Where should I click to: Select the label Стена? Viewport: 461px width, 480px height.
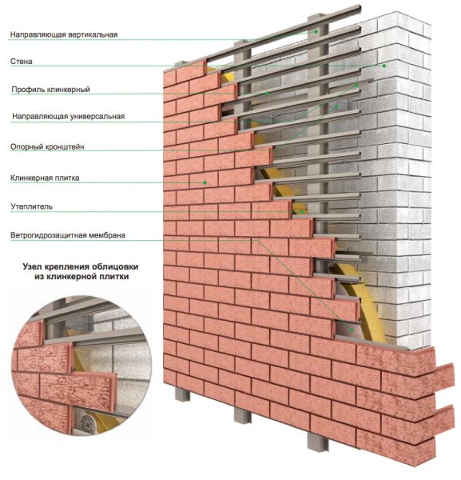pyautogui.click(x=22, y=61)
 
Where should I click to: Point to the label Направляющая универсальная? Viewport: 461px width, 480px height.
pyautogui.click(x=68, y=117)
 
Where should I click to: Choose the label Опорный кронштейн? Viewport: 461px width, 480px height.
pyautogui.click(x=48, y=146)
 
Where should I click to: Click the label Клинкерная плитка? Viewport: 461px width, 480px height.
pyautogui.click(x=45, y=178)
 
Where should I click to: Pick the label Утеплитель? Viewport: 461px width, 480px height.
pyautogui.click(x=32, y=206)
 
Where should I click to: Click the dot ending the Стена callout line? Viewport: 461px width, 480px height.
pyautogui.click(x=384, y=66)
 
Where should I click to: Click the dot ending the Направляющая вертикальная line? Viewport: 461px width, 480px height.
pyautogui.click(x=316, y=32)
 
